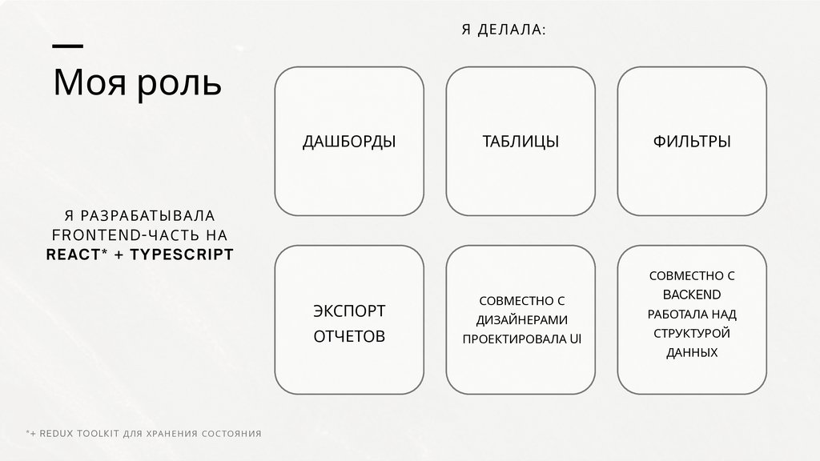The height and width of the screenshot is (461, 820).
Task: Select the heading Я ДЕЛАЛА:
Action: pos(504,30)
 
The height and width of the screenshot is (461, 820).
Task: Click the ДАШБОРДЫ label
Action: pos(349,142)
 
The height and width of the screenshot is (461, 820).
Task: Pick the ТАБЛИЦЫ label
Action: pos(521,142)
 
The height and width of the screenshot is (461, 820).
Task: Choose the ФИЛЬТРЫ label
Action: pos(692,142)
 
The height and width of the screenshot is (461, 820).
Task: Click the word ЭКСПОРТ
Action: pos(349,310)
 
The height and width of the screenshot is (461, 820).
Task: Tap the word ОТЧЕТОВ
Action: pos(349,336)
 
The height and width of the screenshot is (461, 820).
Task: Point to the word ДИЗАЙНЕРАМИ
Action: pos(521,319)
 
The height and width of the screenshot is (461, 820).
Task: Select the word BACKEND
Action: pos(692,295)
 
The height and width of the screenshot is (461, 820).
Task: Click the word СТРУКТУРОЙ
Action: pos(692,333)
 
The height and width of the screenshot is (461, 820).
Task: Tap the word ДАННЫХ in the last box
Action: pos(692,352)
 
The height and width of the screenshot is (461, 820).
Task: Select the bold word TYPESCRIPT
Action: pos(182,255)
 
